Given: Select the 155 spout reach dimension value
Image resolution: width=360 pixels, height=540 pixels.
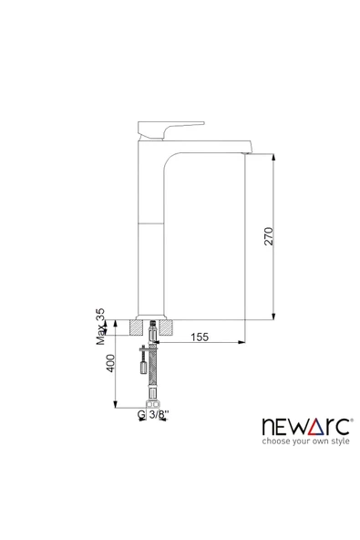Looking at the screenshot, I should pyautogui.click(x=200, y=337).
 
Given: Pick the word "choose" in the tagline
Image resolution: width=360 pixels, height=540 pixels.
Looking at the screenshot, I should pyautogui.click(x=275, y=442).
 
